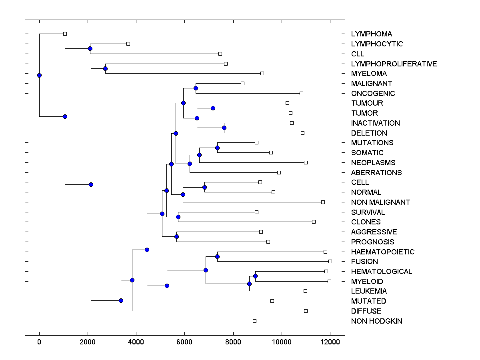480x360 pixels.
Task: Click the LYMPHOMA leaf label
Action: (371, 34)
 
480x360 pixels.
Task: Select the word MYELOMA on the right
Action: (369, 74)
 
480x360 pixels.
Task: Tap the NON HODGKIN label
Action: (376, 321)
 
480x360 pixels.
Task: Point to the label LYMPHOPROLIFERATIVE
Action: (394, 64)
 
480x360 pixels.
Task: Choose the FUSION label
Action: (364, 262)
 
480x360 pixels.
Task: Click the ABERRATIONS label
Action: (376, 173)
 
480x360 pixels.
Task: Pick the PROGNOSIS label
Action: (372, 242)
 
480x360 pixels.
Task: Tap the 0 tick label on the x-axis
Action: (39, 342)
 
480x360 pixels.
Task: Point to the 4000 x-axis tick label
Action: (136, 342)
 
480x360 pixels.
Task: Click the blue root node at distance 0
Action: (39, 75)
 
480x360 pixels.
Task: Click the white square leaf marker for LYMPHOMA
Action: (65, 34)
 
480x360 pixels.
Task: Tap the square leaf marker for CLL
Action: (220, 54)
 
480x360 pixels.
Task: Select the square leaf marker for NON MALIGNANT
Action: (323, 202)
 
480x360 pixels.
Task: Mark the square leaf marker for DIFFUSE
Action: (306, 311)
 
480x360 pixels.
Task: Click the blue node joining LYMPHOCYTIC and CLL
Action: (90, 49)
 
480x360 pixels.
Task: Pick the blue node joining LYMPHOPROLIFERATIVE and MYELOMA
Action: (105, 69)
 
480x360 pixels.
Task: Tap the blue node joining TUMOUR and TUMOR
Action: (213, 108)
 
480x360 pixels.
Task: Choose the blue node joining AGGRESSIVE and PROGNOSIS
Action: (176, 236)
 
